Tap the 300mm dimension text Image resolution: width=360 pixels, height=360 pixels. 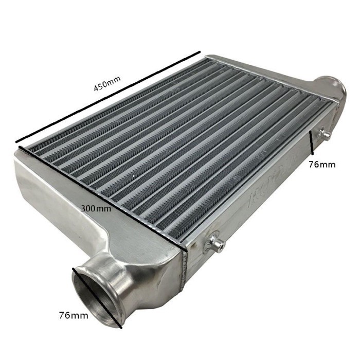[96, 208]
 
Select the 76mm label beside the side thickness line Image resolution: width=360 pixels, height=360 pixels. [322, 165]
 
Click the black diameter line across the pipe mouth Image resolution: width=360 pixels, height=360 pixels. [98, 297]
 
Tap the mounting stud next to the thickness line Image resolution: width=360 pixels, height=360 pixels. [324, 135]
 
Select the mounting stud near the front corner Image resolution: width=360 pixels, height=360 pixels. [215, 243]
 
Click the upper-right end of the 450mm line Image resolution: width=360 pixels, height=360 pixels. [200, 52]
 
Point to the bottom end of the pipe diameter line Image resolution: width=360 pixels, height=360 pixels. [120, 326]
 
